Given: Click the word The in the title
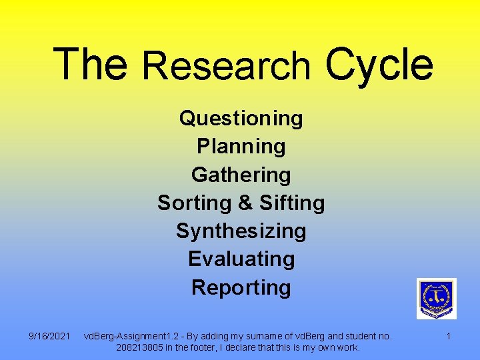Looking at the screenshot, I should tap(90, 64).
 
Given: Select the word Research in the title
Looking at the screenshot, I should tap(227, 67).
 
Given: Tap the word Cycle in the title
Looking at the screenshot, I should tap(379, 64).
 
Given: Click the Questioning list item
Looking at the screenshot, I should tap(241, 119).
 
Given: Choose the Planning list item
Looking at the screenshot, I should tap(241, 147).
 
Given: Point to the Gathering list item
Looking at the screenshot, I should tap(241, 175).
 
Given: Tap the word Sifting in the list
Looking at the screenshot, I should tap(292, 203).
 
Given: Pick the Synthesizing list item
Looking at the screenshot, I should tap(241, 231).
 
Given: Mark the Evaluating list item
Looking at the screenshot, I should tap(241, 259).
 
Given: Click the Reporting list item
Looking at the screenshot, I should tap(241, 287).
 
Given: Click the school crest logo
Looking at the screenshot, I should tap(436, 298).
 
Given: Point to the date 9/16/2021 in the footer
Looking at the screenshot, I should tap(50, 336).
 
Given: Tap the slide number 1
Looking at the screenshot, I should tap(448, 336).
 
